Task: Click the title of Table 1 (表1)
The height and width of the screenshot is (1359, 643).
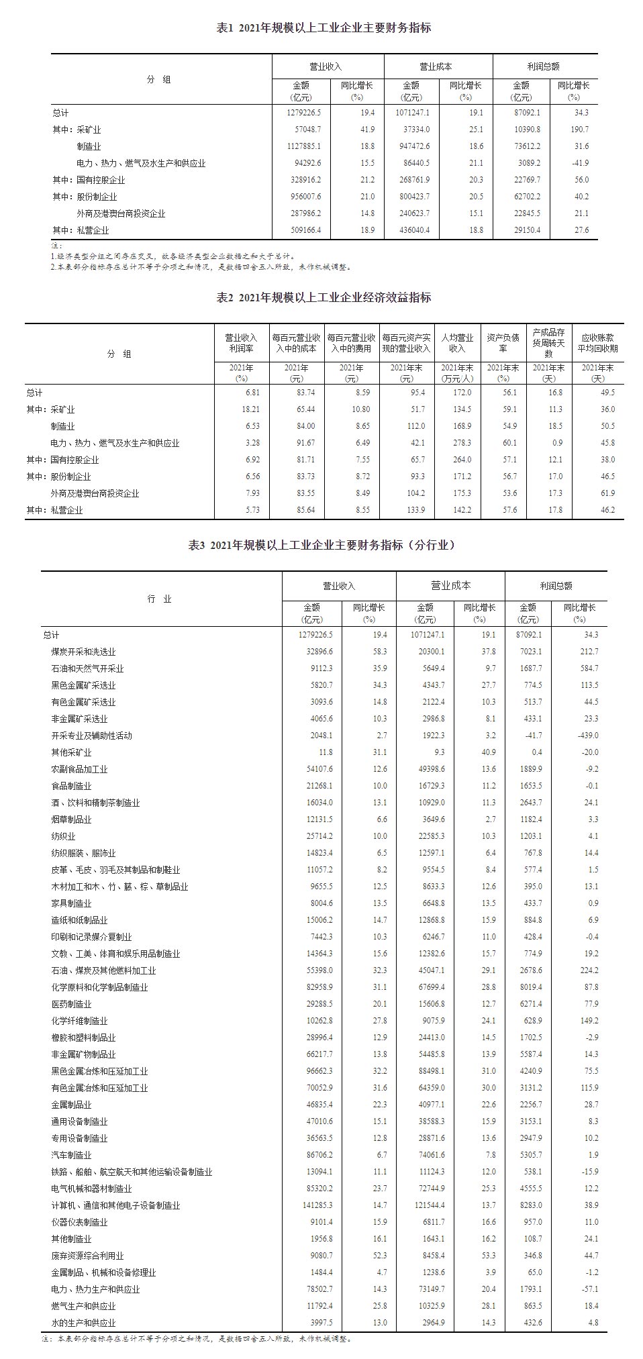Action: [324, 28]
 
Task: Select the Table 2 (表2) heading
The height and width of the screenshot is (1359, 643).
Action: [324, 298]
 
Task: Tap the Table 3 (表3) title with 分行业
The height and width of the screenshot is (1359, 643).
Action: [321, 546]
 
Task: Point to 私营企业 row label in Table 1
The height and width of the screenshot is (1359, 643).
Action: [92, 230]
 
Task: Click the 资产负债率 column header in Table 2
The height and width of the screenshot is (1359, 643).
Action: [503, 343]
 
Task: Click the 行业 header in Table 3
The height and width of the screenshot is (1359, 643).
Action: [160, 599]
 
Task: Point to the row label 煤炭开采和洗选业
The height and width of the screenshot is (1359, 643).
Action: [83, 652]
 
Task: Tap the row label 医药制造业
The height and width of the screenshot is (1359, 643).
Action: [71, 1004]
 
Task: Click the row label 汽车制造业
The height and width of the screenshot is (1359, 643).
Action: [71, 1155]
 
